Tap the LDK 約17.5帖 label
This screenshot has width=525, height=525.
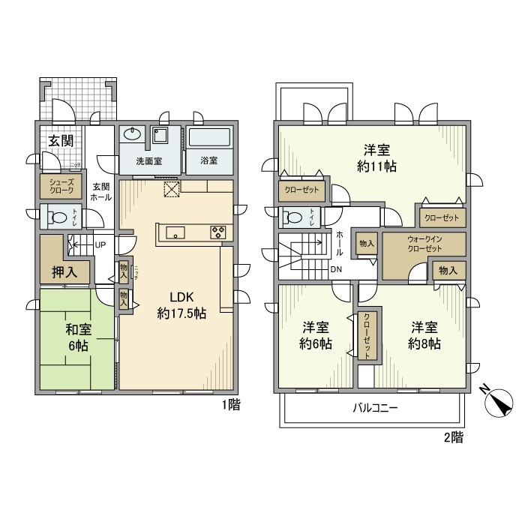pyautogui.click(x=181, y=306)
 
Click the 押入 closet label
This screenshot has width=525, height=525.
pyautogui.click(x=64, y=271)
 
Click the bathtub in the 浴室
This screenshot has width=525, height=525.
pyautogui.click(x=209, y=139)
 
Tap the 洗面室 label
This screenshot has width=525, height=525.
pyautogui.click(x=149, y=161)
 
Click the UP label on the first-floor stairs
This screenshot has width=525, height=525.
pyautogui.click(x=100, y=244)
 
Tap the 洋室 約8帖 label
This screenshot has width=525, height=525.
pyautogui.click(x=424, y=335)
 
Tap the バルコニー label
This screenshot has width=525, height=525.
pyautogui.click(x=375, y=409)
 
